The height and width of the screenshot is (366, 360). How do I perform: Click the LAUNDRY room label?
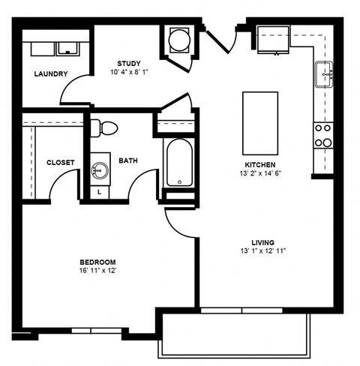click(51, 73)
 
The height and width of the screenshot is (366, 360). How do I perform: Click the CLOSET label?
click(59, 163)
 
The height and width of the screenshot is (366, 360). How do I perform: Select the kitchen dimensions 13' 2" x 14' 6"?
click(261, 173)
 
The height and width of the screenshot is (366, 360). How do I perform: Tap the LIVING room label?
click(262, 242)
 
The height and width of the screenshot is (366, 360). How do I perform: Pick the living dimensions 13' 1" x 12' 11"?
click(262, 252)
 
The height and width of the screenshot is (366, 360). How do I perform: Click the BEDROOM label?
click(97, 262)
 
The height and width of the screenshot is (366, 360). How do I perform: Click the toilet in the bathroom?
click(105, 128)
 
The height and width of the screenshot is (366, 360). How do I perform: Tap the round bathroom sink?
click(99, 170)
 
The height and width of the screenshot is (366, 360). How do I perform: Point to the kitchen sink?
click(325, 73)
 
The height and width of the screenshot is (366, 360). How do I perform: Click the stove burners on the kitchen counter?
click(323, 135)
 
